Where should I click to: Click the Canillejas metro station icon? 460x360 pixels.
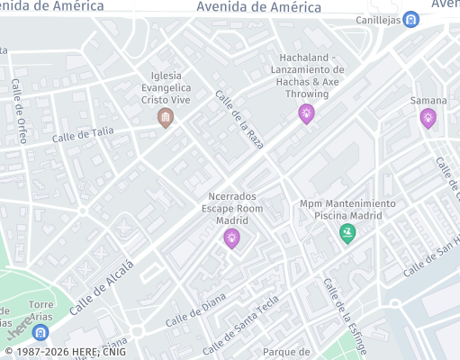410,19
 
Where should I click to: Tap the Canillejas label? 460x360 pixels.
379,19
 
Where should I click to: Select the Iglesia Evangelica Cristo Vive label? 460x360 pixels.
166,87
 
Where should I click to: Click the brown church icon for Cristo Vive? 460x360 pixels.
166,118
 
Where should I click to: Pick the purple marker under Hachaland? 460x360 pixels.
307,113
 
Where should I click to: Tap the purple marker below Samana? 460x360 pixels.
428,117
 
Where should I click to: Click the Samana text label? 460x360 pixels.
428,100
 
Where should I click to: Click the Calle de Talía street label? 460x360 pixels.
83,135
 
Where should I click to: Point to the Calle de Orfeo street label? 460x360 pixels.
20,112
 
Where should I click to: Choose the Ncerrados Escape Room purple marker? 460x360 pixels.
231,238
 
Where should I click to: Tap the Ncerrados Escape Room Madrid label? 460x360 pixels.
231,208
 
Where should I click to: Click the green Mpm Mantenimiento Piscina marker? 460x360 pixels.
347,233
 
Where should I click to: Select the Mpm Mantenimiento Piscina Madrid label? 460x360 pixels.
347,210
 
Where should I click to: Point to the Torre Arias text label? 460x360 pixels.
41,310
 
